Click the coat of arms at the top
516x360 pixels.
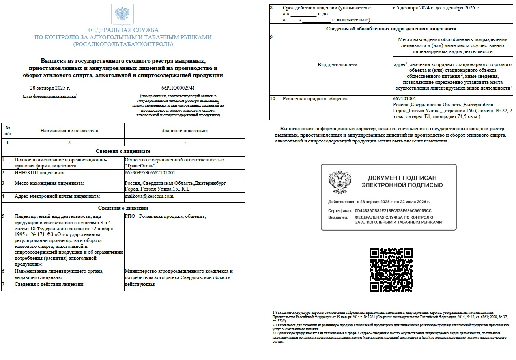point(123,14)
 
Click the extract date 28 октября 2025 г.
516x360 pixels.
point(50,88)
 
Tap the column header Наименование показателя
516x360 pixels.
point(69,131)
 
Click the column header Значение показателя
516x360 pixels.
point(184,131)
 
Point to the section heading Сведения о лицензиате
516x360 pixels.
point(123,151)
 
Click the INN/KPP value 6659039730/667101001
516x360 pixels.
point(150,173)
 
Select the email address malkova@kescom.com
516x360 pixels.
point(149,196)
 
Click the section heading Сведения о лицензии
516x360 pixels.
point(123,208)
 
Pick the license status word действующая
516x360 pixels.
point(140,284)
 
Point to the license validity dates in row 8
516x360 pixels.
point(436,8)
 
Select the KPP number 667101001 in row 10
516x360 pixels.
point(404,99)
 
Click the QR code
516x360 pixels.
point(391,270)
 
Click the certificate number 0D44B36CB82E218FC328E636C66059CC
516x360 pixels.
point(393,211)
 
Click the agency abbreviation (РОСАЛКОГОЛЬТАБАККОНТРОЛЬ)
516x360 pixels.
point(123,44)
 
